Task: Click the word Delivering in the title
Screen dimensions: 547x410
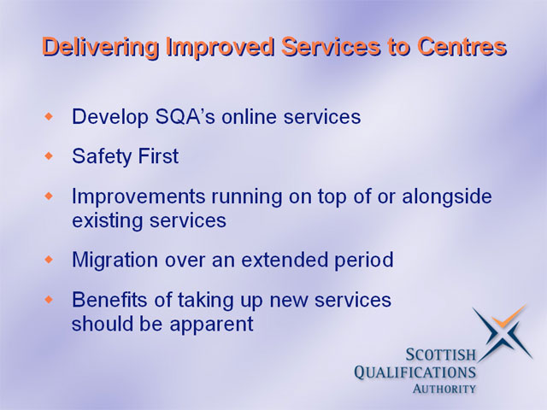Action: coord(101,48)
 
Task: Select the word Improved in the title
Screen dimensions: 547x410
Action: coord(221,48)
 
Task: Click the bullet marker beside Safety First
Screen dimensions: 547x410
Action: coord(50,155)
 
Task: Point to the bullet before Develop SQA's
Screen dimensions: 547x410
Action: coord(50,116)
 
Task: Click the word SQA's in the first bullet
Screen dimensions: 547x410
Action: coord(185,116)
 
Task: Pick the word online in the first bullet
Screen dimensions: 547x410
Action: coord(250,116)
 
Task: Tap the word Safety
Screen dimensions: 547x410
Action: coord(102,156)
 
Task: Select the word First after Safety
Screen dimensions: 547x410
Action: coord(158,155)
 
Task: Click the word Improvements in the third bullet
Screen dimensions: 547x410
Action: coord(138,196)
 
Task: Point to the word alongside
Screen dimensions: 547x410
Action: coord(447,196)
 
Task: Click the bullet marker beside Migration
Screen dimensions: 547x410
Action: coord(50,260)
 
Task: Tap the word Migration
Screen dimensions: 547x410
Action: coord(115,260)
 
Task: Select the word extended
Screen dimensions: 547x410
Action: coord(285,260)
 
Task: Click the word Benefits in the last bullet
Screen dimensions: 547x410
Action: coord(109,300)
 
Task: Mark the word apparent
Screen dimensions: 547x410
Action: coord(211,325)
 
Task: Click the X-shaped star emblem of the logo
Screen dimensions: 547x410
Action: coord(503,333)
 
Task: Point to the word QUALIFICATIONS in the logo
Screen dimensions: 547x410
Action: coord(415,372)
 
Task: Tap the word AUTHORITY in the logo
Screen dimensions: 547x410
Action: coord(444,389)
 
